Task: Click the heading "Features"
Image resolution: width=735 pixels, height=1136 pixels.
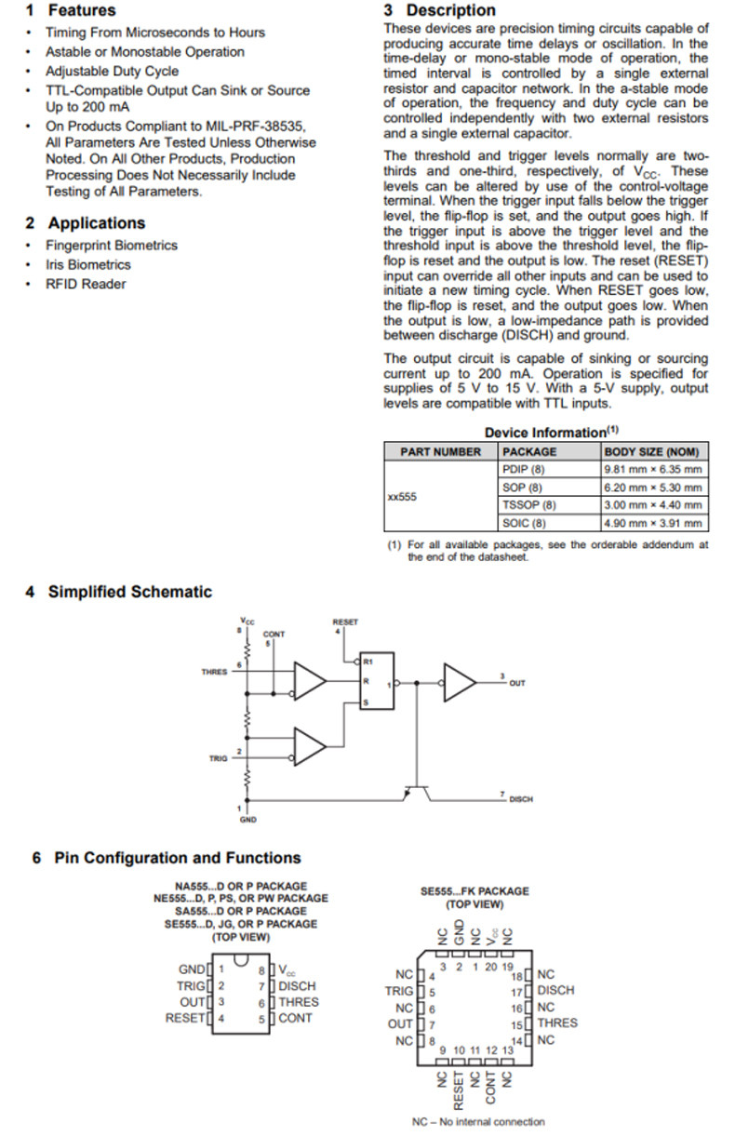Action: pyautogui.click(x=82, y=11)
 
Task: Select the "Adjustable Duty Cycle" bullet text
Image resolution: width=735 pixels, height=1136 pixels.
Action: pyautogui.click(x=112, y=71)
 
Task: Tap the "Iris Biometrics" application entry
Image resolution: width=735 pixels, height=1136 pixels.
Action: pyautogui.click(x=88, y=264)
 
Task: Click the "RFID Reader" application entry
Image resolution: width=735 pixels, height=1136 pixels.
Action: pyautogui.click(x=86, y=284)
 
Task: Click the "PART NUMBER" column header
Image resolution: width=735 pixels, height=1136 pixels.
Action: pyautogui.click(x=440, y=452)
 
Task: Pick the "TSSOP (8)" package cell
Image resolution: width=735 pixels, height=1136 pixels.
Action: pyautogui.click(x=528, y=505)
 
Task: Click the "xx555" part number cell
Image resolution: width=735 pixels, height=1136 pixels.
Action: pyautogui.click(x=402, y=497)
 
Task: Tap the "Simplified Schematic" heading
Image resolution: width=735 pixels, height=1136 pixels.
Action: pyautogui.click(x=129, y=592)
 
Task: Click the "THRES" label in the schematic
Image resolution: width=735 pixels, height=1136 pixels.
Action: pyautogui.click(x=214, y=671)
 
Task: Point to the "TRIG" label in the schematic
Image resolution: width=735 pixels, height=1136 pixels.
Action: pyautogui.click(x=218, y=758)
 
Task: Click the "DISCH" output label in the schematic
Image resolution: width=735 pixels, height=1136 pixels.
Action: pyautogui.click(x=521, y=799)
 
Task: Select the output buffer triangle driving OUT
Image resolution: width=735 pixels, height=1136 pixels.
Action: pyautogui.click(x=458, y=682)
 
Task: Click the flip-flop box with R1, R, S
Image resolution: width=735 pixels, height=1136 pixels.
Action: pyautogui.click(x=377, y=680)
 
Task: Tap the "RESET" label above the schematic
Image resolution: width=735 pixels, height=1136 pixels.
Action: pyautogui.click(x=344, y=621)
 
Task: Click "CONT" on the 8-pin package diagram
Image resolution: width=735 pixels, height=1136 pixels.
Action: pyautogui.click(x=295, y=1018)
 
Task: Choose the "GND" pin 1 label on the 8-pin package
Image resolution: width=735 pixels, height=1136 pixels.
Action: pyautogui.click(x=192, y=969)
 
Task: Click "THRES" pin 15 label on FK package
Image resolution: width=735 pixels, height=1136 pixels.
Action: pyautogui.click(x=556, y=1023)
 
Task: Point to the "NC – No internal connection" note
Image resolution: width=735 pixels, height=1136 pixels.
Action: pyautogui.click(x=478, y=1122)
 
